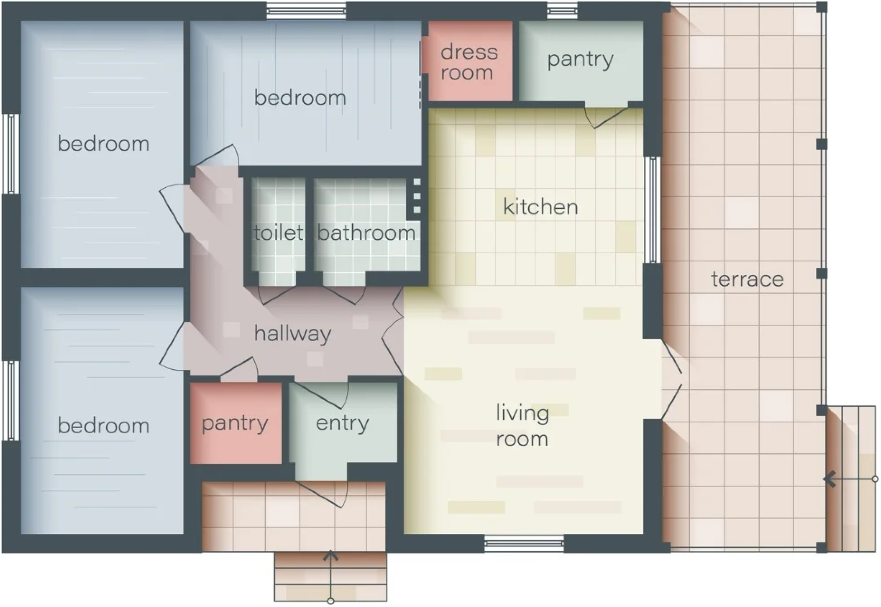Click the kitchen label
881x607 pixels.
(x=540, y=207)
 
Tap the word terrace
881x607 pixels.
(x=747, y=279)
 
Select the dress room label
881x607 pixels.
(x=469, y=62)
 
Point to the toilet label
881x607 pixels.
(x=278, y=232)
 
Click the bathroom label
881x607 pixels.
(x=366, y=232)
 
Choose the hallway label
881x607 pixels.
(x=293, y=334)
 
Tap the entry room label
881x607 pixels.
(x=342, y=424)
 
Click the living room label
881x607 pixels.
(x=522, y=426)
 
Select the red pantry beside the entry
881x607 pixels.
(x=236, y=423)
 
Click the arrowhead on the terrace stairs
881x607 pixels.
(x=829, y=479)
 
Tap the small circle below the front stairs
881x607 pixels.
(x=331, y=601)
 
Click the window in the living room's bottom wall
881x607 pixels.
(x=524, y=544)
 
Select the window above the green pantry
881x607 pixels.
(x=562, y=11)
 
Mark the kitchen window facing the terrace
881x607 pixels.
(x=652, y=209)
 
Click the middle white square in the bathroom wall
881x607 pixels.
(x=417, y=196)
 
